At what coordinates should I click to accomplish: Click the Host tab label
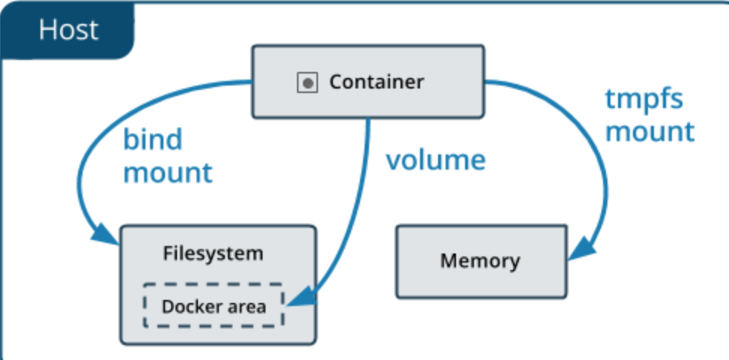point(68,29)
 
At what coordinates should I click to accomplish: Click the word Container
point(376,82)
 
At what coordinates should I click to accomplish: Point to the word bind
point(153,139)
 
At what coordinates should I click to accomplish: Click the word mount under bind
point(168,172)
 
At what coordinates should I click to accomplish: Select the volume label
point(436,160)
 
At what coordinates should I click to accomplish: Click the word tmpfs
point(644,99)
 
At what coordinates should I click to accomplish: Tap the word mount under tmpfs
point(650,131)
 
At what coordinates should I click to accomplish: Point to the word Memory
point(479,261)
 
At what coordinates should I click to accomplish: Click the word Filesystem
point(213,253)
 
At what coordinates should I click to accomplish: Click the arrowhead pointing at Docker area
point(300,302)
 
